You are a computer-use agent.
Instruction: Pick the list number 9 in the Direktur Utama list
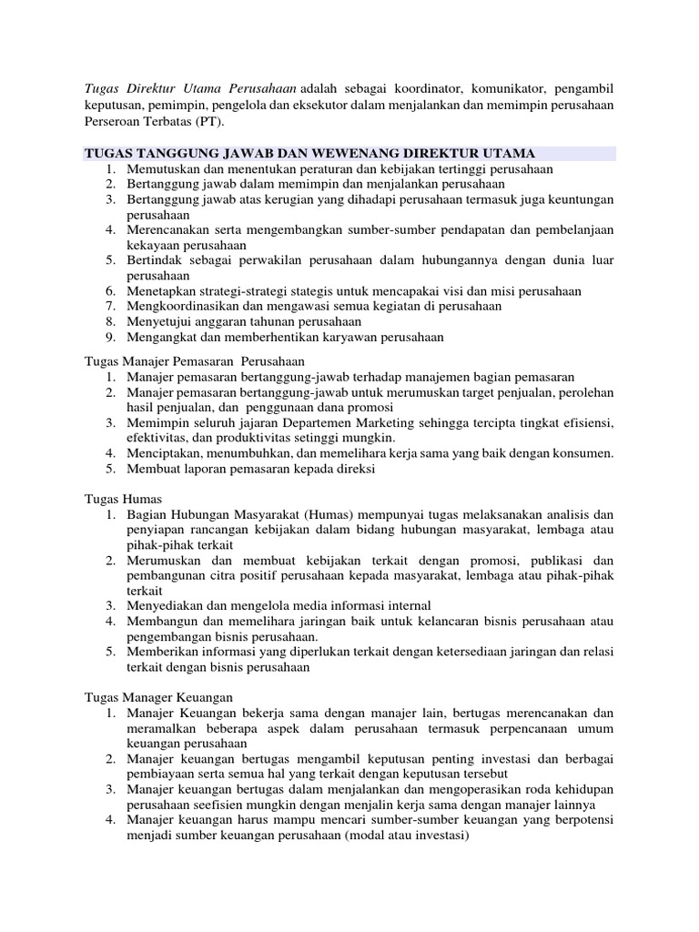click(x=109, y=337)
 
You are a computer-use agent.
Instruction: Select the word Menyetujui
click(x=161, y=321)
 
